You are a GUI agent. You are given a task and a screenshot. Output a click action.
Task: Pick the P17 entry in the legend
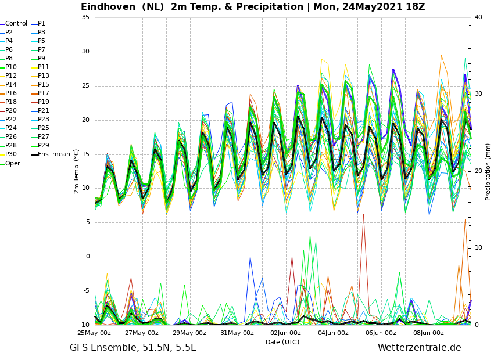coord(41,93)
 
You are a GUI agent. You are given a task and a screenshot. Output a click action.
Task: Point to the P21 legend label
coord(41,110)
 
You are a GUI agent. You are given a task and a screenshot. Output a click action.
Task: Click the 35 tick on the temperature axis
coord(85,17)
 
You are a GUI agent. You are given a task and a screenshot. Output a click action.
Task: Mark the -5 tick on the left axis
coord(87,290)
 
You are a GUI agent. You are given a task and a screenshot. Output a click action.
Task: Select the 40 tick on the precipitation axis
coord(478,17)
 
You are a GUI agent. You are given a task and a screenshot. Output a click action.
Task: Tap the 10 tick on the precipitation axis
coord(478,248)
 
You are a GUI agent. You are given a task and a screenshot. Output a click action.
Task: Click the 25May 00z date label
coord(94,333)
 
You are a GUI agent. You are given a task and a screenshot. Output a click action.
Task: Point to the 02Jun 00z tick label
coord(286,333)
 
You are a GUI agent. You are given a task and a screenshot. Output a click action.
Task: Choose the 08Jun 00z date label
coord(428,333)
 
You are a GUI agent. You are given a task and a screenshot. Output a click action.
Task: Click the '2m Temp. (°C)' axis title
coord(77,171)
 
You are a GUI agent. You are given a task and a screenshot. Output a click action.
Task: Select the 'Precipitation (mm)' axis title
coord(488,172)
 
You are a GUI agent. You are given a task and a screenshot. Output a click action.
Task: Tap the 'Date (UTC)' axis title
coord(282,342)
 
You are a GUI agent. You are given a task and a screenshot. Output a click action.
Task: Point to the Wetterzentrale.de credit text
coord(420,347)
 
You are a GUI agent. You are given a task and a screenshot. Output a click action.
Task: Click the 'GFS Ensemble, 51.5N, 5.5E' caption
coord(133,348)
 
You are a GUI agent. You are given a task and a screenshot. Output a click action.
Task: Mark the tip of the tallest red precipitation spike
coord(364,215)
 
